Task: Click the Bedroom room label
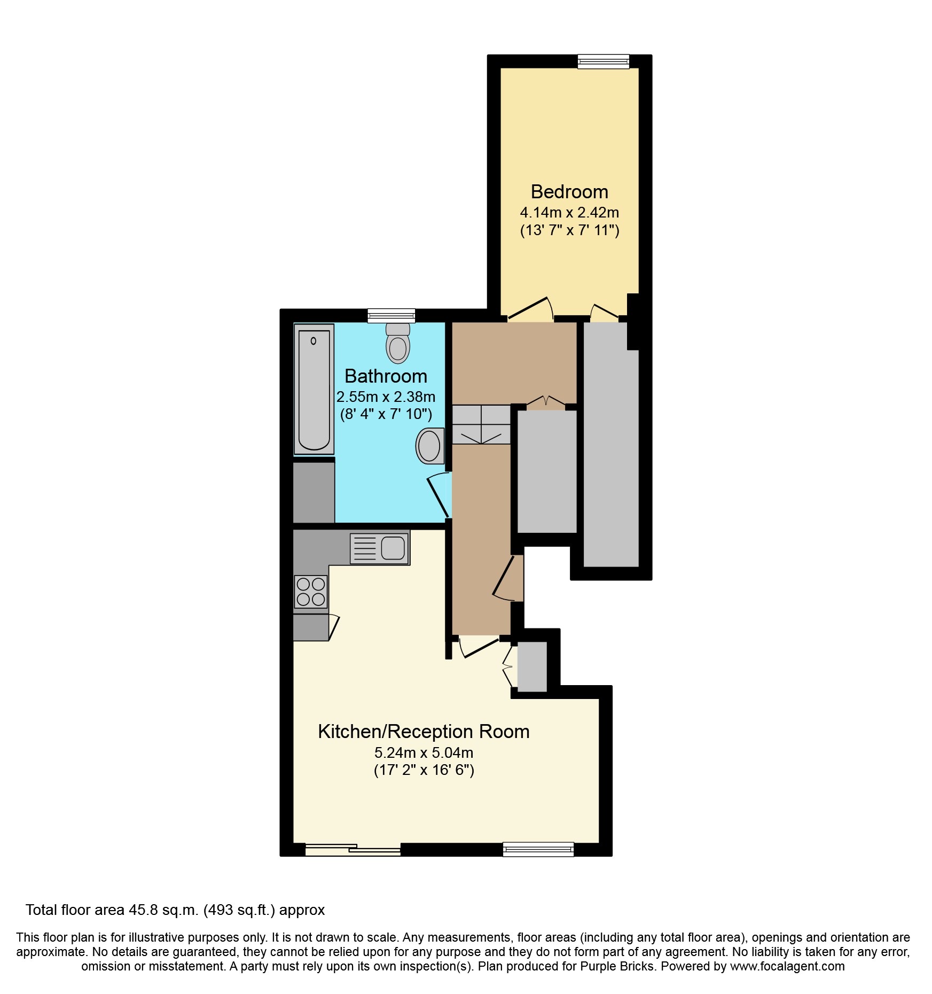click(569, 192)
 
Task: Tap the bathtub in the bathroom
click(314, 389)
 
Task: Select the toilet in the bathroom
click(398, 343)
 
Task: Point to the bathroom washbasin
click(429, 446)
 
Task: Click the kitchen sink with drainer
click(380, 548)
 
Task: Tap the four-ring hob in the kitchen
click(311, 591)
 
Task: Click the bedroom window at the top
click(604, 61)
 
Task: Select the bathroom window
click(391, 316)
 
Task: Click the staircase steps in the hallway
click(481, 424)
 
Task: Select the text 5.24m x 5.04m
click(424, 753)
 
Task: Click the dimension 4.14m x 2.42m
click(569, 213)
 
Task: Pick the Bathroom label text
click(386, 376)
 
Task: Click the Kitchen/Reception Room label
click(424, 732)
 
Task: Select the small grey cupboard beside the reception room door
click(532, 666)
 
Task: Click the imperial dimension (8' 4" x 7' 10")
click(386, 414)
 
